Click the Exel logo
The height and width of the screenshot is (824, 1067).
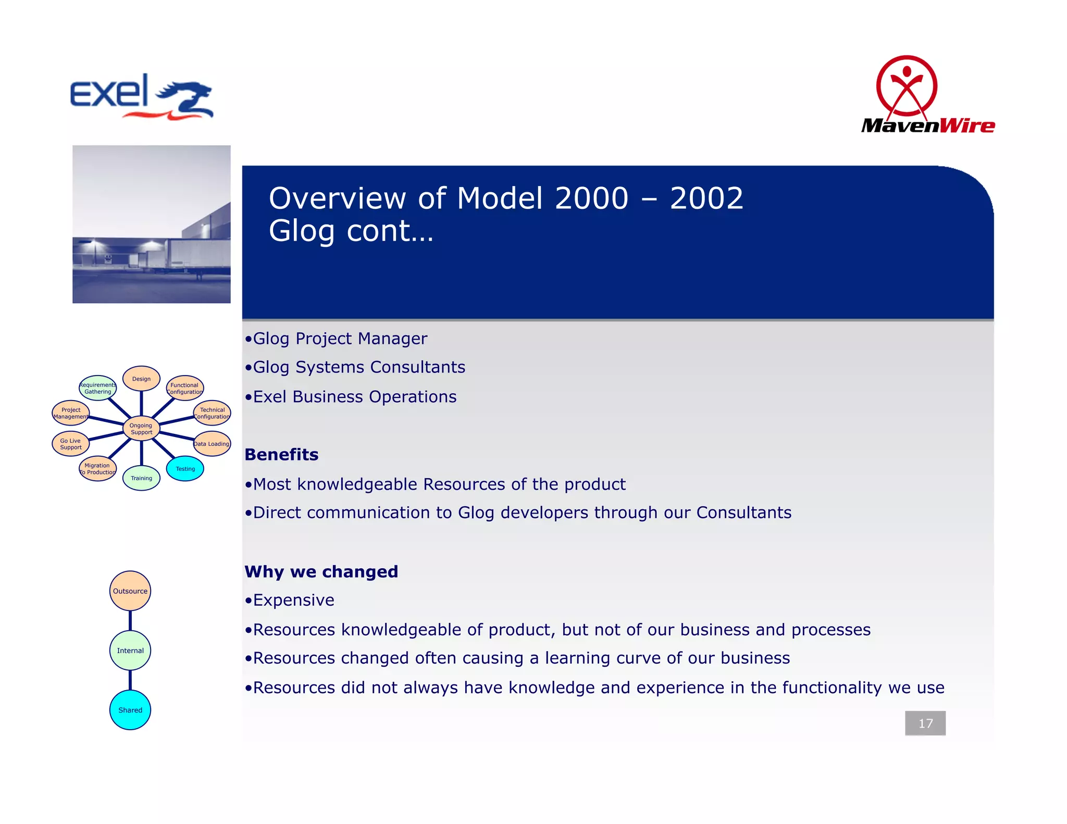(141, 96)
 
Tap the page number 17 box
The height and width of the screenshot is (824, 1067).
(925, 723)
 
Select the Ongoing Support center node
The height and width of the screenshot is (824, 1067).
(141, 429)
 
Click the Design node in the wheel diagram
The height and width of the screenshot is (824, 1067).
(141, 379)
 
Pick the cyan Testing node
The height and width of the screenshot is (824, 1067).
(185, 469)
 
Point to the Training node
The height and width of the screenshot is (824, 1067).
(141, 478)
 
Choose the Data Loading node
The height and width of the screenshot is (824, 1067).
(212, 444)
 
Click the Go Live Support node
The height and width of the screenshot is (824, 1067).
(71, 444)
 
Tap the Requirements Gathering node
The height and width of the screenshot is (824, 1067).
(98, 388)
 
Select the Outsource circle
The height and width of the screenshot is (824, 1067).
(130, 591)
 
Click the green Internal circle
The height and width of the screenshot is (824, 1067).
(130, 651)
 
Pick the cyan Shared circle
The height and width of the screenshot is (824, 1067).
(130, 710)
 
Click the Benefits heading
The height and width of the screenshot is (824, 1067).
(281, 455)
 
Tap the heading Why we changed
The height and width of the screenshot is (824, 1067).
(321, 572)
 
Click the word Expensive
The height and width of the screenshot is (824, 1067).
(293, 601)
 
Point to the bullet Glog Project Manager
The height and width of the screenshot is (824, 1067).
(340, 339)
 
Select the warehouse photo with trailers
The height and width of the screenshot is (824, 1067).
(151, 224)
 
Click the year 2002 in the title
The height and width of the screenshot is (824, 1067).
(706, 198)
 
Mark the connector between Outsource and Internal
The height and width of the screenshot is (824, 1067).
(130, 621)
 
